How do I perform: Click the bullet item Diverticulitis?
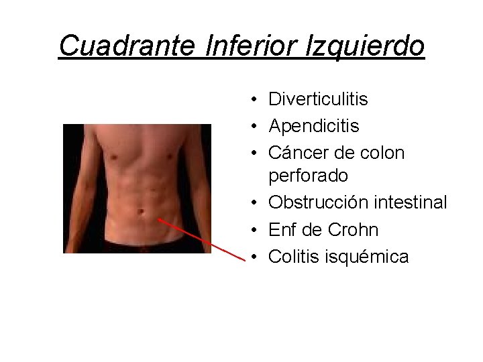tap(318, 100)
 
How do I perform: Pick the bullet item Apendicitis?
tap(313, 126)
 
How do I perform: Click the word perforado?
tap(308, 176)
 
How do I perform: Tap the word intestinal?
tap(411, 202)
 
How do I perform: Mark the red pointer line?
tap(201, 238)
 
